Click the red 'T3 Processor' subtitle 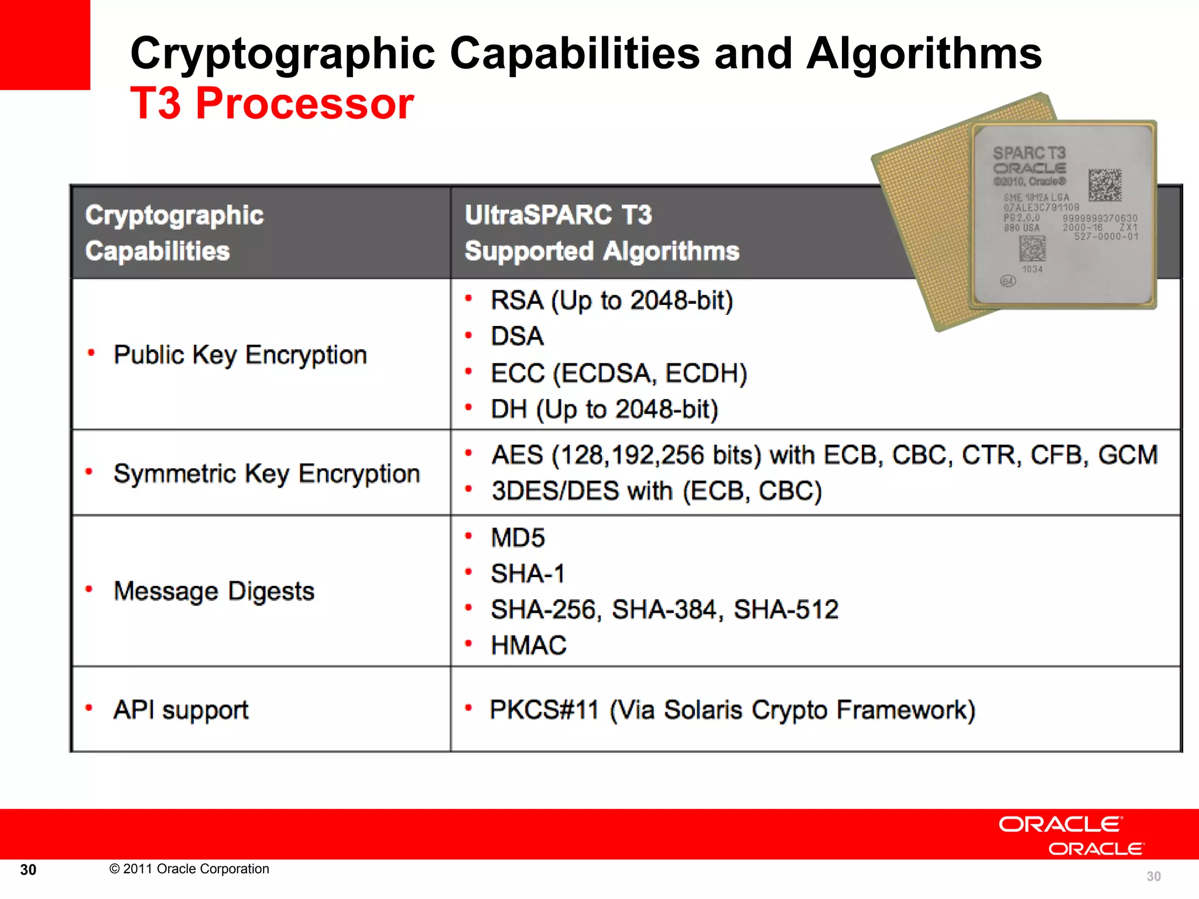coord(272,104)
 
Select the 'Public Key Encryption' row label coord(240,355)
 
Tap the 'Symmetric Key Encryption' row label coord(266,473)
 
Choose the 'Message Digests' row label coord(214,591)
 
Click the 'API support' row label coord(181,709)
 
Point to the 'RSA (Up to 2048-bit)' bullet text coord(611,300)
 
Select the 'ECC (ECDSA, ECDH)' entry coord(619,373)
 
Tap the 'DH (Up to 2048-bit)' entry coord(604,409)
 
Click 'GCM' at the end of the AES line coord(1128,455)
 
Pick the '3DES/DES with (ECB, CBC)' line coord(656,490)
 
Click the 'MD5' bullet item coord(518,538)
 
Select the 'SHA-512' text coord(786,609)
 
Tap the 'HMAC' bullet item coord(528,646)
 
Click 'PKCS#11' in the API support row coord(544,709)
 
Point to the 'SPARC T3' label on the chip coord(1029,153)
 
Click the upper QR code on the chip coord(1105,184)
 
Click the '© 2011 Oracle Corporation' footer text coord(189,869)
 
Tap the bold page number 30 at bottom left coord(28,870)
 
